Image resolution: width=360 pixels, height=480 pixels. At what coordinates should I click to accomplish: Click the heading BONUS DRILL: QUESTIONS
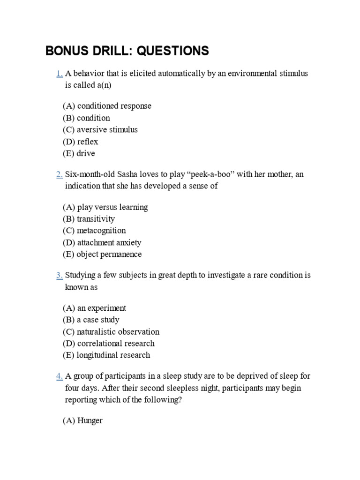(127, 51)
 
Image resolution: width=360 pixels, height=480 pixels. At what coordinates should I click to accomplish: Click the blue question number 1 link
(59, 74)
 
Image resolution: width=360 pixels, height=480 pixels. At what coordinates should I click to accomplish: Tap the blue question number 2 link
(59, 174)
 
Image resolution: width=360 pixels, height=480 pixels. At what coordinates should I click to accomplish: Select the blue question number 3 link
(59, 275)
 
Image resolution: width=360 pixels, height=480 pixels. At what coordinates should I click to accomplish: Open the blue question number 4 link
(59, 376)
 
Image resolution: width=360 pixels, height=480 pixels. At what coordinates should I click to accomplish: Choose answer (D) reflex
(80, 142)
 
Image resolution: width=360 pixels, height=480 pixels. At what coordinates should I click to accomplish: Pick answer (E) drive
(79, 153)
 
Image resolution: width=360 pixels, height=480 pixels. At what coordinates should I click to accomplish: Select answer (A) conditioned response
(107, 106)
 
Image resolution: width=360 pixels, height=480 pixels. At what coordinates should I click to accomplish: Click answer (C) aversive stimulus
(100, 129)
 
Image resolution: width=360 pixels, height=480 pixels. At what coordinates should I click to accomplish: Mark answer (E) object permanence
(102, 254)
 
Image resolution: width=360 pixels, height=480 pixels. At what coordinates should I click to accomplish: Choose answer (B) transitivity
(89, 219)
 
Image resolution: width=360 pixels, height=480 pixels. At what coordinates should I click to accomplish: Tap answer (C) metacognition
(94, 231)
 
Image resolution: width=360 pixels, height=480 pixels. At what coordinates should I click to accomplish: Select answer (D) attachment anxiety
(102, 242)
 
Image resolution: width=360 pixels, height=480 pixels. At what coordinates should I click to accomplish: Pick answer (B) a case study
(91, 320)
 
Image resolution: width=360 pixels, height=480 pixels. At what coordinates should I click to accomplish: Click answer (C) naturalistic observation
(111, 331)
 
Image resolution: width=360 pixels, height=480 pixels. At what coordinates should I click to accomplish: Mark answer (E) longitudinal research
(106, 355)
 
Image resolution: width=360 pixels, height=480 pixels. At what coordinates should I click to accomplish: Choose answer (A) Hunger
(82, 420)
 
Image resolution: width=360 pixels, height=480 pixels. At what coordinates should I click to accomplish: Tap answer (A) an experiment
(94, 308)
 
